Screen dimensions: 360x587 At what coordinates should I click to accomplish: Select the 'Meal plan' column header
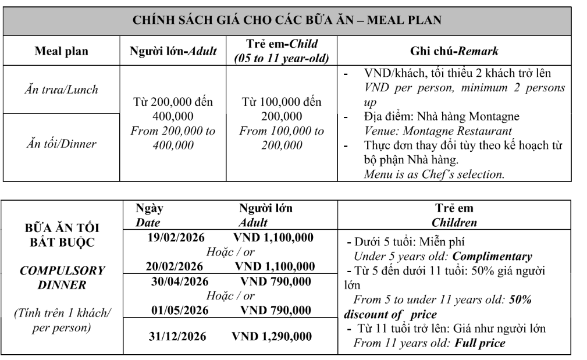click(x=62, y=51)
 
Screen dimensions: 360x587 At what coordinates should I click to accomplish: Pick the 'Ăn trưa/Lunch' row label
click(x=62, y=90)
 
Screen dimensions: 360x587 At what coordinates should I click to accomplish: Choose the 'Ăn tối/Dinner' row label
click(x=62, y=144)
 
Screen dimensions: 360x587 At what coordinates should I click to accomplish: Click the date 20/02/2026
click(x=174, y=266)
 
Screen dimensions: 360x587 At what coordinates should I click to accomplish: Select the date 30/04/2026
click(x=174, y=281)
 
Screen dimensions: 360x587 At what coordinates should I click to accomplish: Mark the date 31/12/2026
click(x=174, y=336)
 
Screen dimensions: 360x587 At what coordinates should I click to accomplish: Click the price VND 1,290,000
click(x=272, y=336)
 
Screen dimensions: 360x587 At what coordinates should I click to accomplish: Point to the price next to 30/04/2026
click(x=276, y=281)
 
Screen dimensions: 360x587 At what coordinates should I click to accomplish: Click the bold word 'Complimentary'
click(x=492, y=256)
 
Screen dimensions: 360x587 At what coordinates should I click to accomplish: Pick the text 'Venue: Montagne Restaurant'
click(x=437, y=131)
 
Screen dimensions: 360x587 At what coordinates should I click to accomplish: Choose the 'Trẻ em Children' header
click(x=454, y=215)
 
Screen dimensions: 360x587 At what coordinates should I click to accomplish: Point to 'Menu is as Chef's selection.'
click(x=434, y=174)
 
